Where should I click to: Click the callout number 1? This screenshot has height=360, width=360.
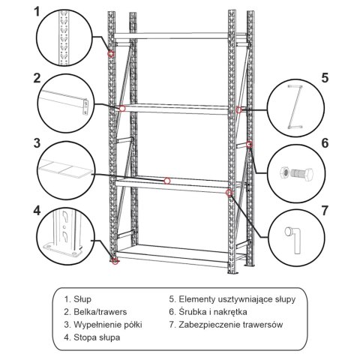point(37,13)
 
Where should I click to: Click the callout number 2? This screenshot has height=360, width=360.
point(37,78)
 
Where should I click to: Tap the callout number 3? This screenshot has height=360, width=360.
point(37,143)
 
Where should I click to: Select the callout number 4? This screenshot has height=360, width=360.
point(37,208)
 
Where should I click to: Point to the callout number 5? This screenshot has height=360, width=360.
point(324,78)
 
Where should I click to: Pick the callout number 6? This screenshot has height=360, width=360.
point(324,143)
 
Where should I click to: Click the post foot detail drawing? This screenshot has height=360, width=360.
point(66,237)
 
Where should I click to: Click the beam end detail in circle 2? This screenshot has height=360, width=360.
point(66,102)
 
